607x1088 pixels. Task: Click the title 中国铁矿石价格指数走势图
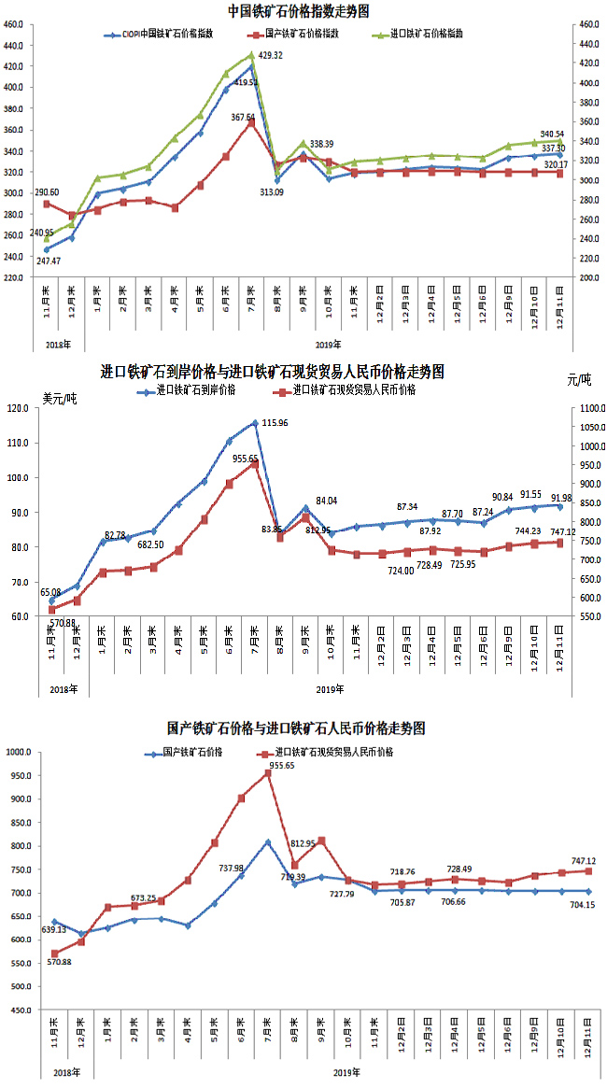pos(299,11)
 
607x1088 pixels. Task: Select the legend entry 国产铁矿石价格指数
pos(300,33)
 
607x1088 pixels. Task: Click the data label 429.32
pos(271,56)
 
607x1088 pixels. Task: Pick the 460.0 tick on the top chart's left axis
pos(16,24)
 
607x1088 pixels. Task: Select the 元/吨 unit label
pos(579,379)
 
